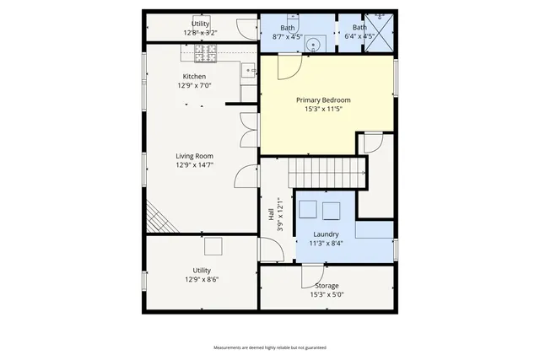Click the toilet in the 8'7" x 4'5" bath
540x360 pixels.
pos(292,17)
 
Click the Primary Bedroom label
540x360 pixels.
pos(323,100)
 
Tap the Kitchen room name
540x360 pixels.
pos(194,77)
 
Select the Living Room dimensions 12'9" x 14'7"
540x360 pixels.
pos(194,165)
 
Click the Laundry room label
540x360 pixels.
pos(326,234)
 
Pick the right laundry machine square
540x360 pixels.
pos(331,209)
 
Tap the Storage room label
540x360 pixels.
pos(327,286)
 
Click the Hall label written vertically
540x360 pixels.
pos(272,216)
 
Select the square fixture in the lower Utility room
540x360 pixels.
pos(213,246)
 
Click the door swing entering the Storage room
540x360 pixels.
pos(312,274)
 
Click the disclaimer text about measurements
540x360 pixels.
pos(269,347)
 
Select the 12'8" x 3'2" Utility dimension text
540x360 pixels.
pos(201,33)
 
